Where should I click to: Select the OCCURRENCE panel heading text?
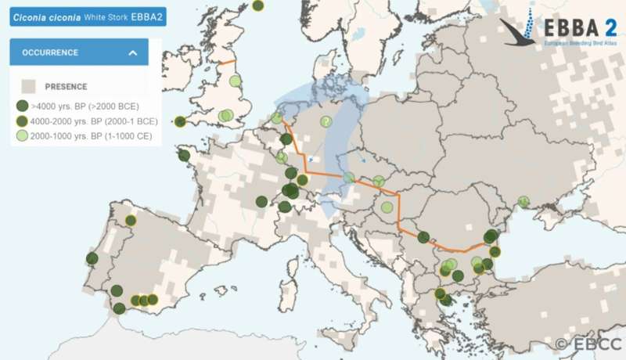click(x=49, y=52)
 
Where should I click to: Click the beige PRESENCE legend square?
click(x=29, y=87)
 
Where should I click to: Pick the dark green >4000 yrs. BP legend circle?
click(x=23, y=106)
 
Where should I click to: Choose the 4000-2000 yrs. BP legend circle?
click(x=23, y=121)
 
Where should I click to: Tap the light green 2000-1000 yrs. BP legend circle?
click(x=23, y=136)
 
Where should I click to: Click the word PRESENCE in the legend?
click(x=66, y=87)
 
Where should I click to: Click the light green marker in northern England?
click(x=235, y=80)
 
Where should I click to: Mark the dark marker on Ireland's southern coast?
click(x=181, y=121)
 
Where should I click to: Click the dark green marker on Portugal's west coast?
click(x=92, y=258)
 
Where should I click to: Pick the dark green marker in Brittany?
click(x=184, y=155)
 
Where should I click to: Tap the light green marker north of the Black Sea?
click(x=523, y=201)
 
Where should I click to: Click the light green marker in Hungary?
click(x=387, y=207)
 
